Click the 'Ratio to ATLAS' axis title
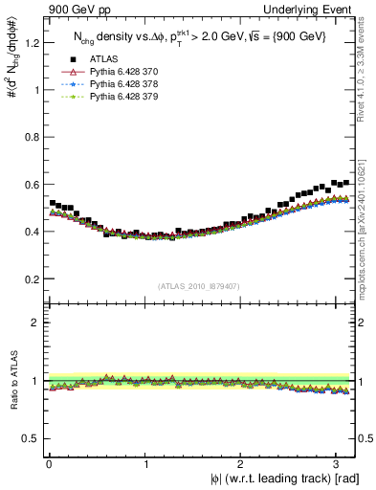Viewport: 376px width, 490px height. (11, 381)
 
